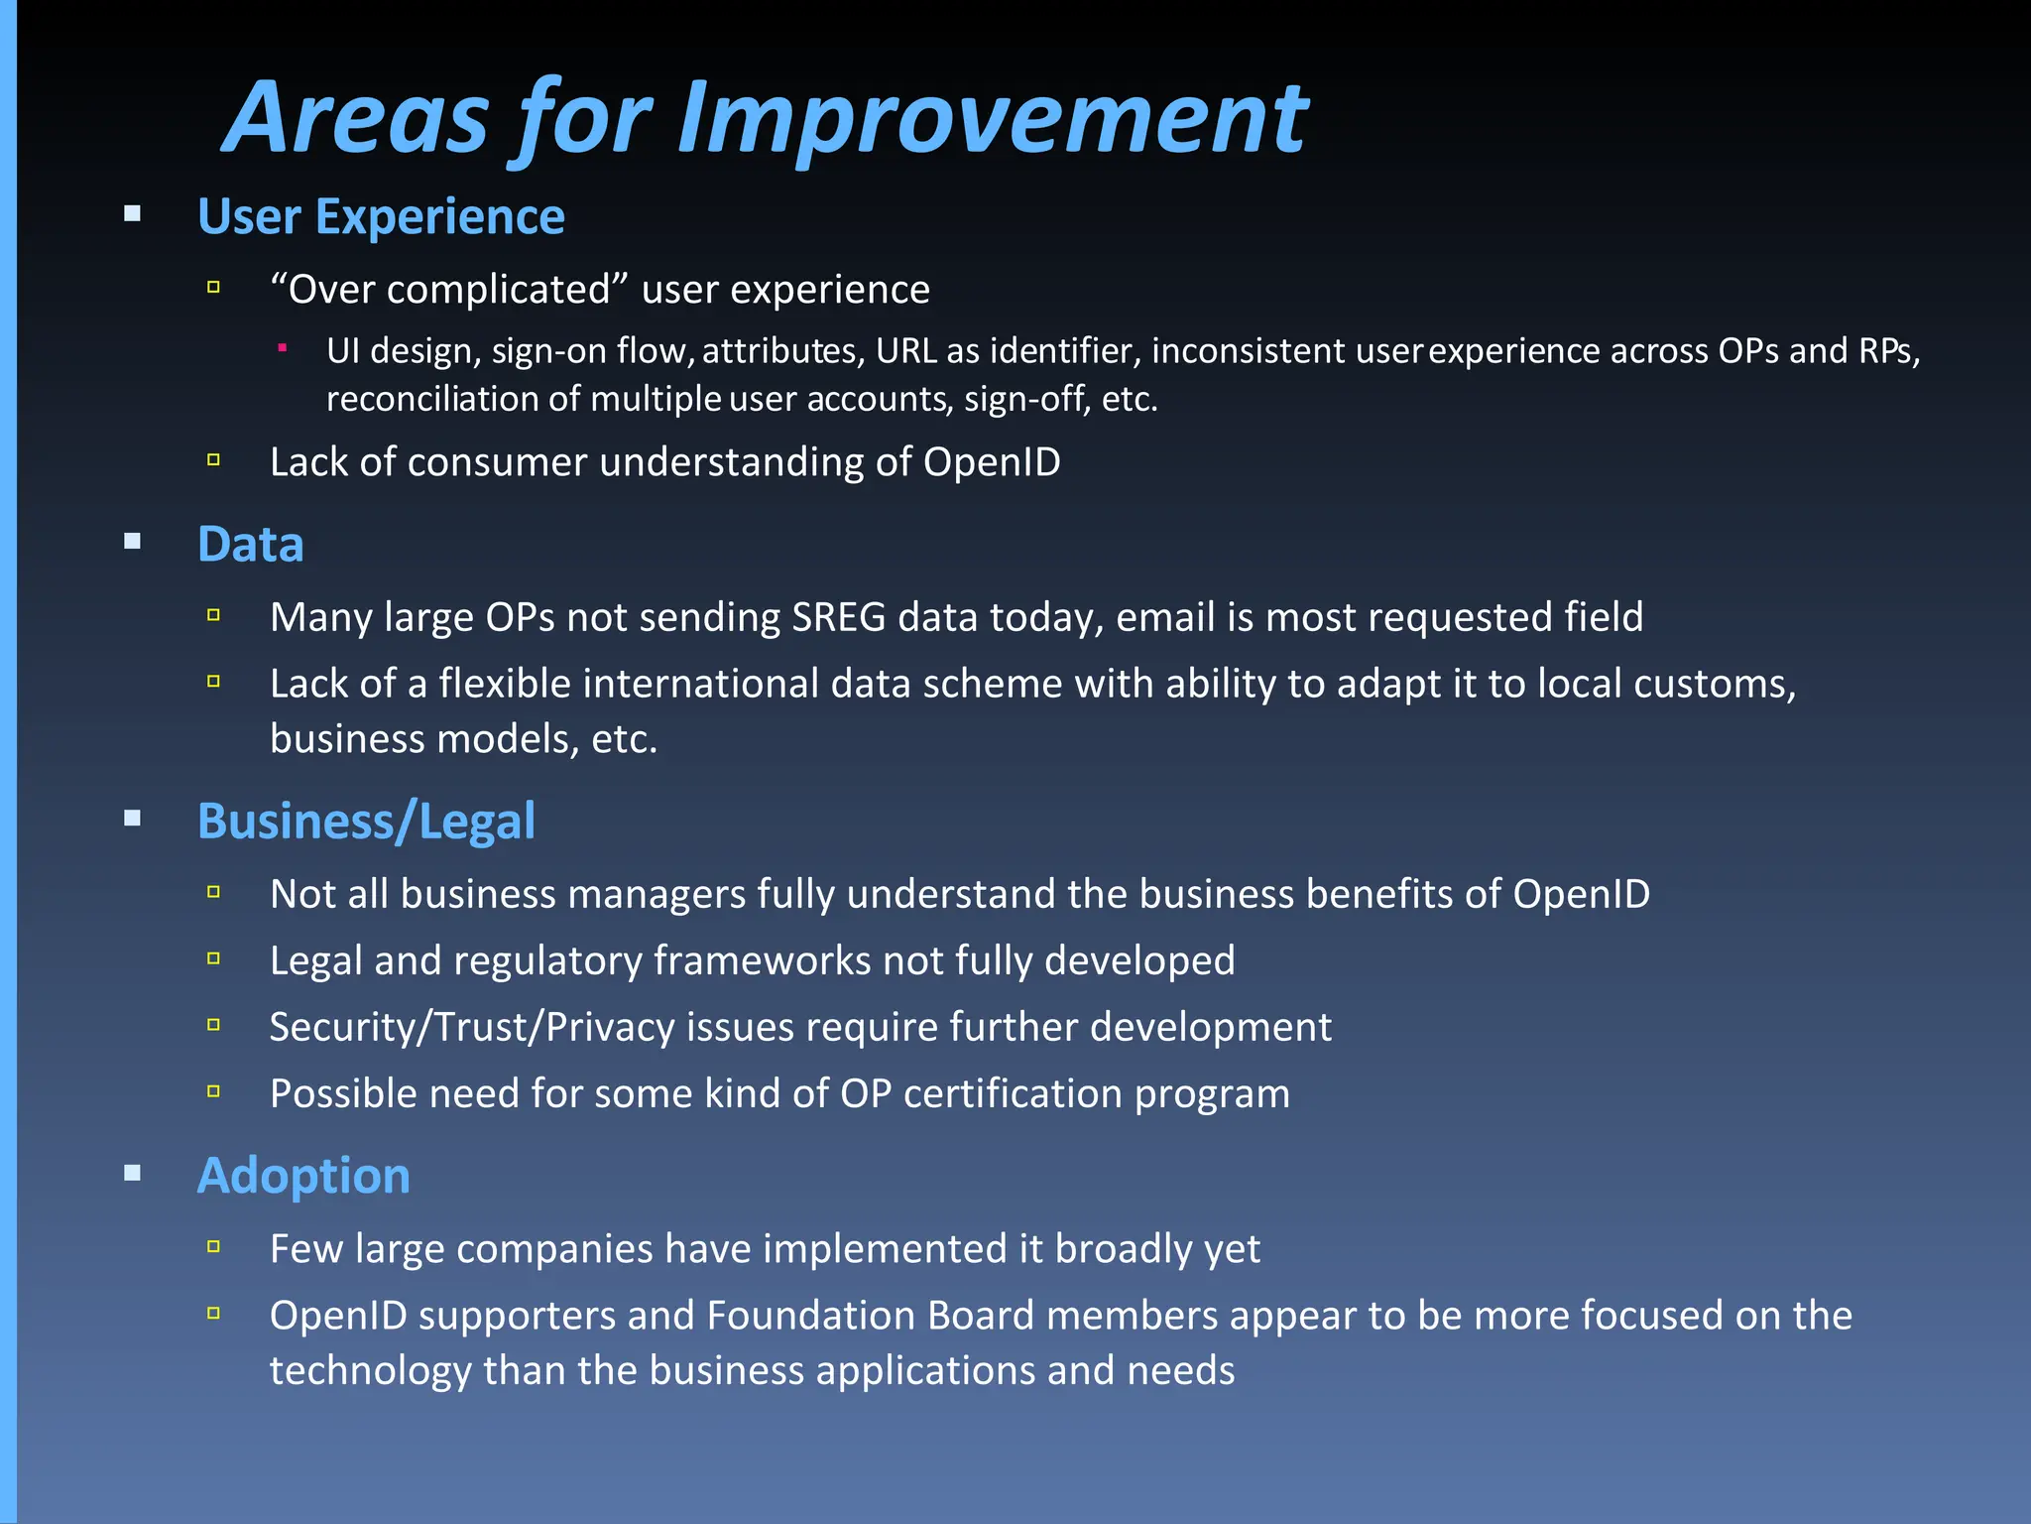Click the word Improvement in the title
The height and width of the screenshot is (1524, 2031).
tap(993, 119)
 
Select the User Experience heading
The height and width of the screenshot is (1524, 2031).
tap(381, 216)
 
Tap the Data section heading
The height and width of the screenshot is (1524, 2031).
tap(250, 544)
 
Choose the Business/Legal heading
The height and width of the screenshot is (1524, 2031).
tap(366, 822)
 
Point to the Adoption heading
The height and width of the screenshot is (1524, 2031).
tap(303, 1176)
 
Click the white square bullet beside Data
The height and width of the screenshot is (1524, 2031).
tap(133, 542)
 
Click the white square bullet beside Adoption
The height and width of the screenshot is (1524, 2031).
tap(133, 1174)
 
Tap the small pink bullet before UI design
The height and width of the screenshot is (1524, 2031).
tap(283, 347)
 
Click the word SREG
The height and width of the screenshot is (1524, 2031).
tap(838, 617)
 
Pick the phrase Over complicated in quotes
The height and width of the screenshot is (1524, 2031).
tap(449, 290)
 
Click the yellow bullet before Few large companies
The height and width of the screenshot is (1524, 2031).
tap(213, 1247)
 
